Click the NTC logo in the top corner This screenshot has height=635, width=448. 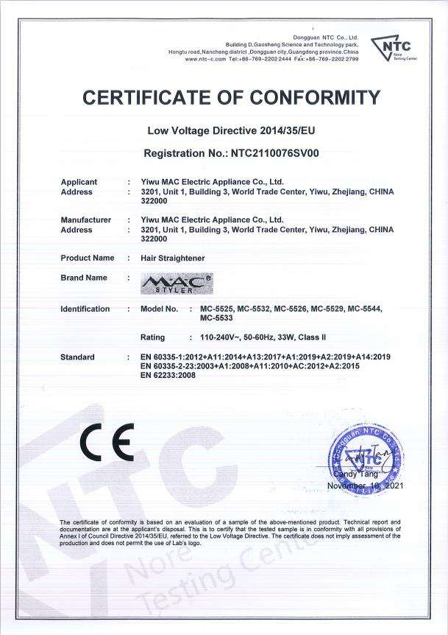tap(394, 48)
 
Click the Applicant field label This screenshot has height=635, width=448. tap(79, 181)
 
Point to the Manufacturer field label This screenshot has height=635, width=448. tap(85, 220)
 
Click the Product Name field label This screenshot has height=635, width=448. tap(87, 258)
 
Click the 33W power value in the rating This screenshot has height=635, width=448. tap(286, 337)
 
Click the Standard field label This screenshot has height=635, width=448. tap(77, 357)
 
